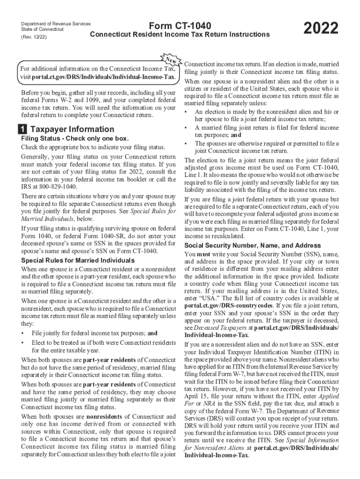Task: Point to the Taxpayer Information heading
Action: pos(72,129)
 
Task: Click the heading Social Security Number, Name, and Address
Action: pos(252,246)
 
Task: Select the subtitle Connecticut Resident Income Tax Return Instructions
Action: pos(180,35)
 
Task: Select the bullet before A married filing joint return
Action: pos(187,127)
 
